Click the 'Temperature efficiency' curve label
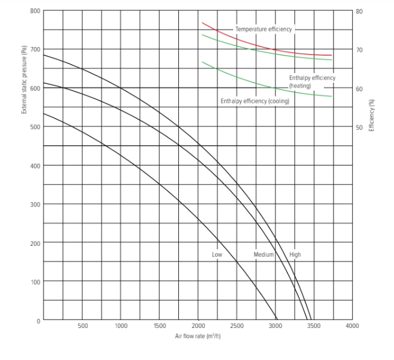click(x=263, y=29)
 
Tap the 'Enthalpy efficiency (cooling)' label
click(x=254, y=101)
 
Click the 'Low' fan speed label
click(x=217, y=254)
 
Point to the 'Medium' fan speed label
click(x=263, y=254)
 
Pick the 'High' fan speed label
click(x=295, y=254)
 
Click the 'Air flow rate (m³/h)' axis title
click(x=198, y=335)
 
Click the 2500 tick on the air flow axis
click(x=236, y=326)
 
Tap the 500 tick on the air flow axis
click(x=83, y=326)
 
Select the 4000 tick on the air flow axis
click(x=352, y=326)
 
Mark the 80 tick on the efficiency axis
click(x=360, y=11)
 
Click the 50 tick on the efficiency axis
click(x=360, y=127)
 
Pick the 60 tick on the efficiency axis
click(x=360, y=89)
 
